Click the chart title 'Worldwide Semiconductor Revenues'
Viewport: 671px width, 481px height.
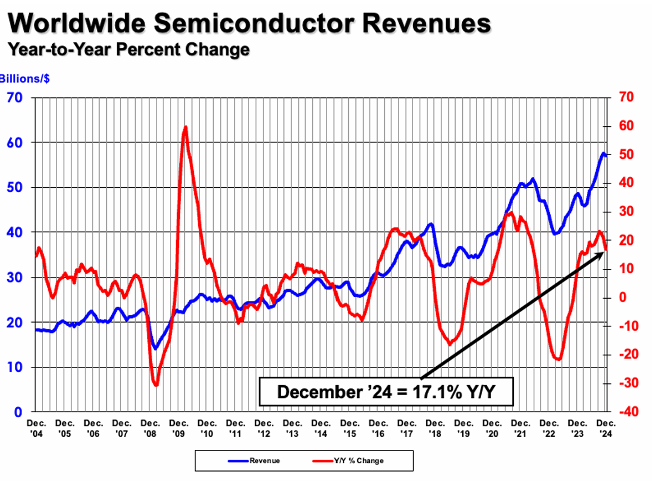click(x=249, y=23)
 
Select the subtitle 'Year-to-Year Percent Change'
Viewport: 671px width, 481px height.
click(x=128, y=49)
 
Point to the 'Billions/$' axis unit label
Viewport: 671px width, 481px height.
click(x=24, y=79)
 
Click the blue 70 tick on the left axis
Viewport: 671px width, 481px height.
click(x=14, y=98)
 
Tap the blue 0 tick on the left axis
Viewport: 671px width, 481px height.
click(x=19, y=412)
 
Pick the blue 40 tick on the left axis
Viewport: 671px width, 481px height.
click(x=14, y=232)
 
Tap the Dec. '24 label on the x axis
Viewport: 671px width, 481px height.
click(x=607, y=427)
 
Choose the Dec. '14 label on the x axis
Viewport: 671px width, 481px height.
click(x=321, y=427)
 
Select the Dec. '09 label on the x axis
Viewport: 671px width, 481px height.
click(x=179, y=427)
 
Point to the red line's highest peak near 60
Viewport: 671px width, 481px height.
click(x=185, y=127)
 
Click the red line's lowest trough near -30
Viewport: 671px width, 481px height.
click(x=156, y=385)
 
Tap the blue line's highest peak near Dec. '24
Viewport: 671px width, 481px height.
click(x=603, y=152)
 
